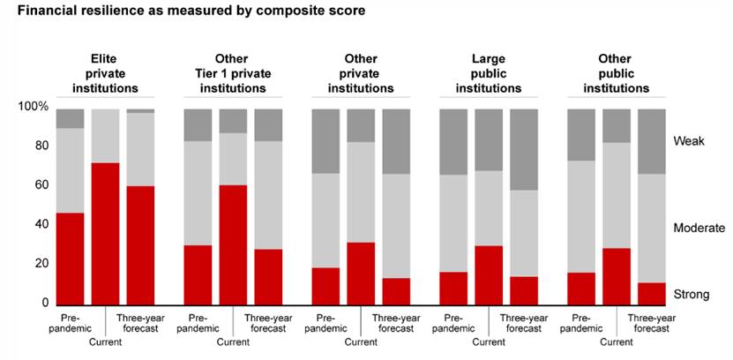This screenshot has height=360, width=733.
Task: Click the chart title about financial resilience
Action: (x=190, y=11)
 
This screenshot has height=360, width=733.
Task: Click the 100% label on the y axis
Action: (x=33, y=107)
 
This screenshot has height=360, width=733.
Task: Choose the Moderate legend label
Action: (x=699, y=228)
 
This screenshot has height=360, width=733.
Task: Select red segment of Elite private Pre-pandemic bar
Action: (x=70, y=259)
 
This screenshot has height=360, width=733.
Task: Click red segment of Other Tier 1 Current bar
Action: (x=233, y=244)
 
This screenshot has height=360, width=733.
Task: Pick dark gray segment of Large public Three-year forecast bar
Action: (x=524, y=149)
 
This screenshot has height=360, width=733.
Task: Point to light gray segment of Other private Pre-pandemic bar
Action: (x=325, y=221)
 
